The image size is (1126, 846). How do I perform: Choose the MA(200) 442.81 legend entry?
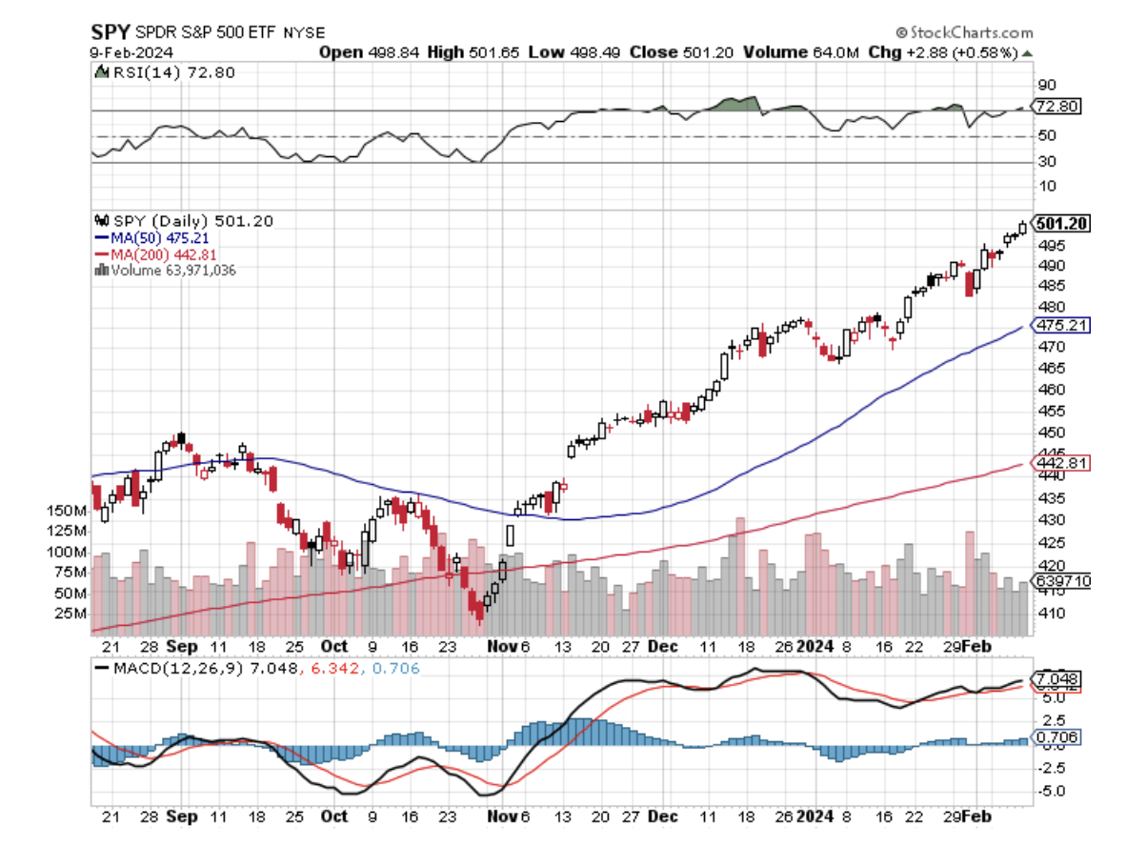[155, 254]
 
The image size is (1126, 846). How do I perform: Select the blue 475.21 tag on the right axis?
[1059, 325]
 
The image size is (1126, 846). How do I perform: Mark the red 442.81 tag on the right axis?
[1059, 462]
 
